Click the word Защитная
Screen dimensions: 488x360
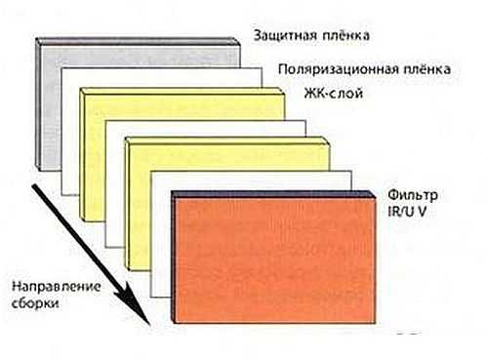(x=285, y=35)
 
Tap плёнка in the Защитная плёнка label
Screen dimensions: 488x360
(x=346, y=35)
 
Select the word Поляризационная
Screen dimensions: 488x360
(x=339, y=70)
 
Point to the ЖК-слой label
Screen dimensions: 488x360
(x=334, y=94)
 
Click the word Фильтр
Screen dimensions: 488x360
(x=413, y=195)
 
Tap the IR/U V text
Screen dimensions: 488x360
(x=407, y=212)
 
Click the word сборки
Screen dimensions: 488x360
(x=35, y=303)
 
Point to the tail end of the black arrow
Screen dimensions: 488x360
(x=32, y=186)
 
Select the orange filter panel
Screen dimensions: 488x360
(x=273, y=260)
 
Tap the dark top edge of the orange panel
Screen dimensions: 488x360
(x=273, y=194)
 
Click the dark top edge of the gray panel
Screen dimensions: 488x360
(x=139, y=42)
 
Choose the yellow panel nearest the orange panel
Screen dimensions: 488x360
(x=140, y=205)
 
